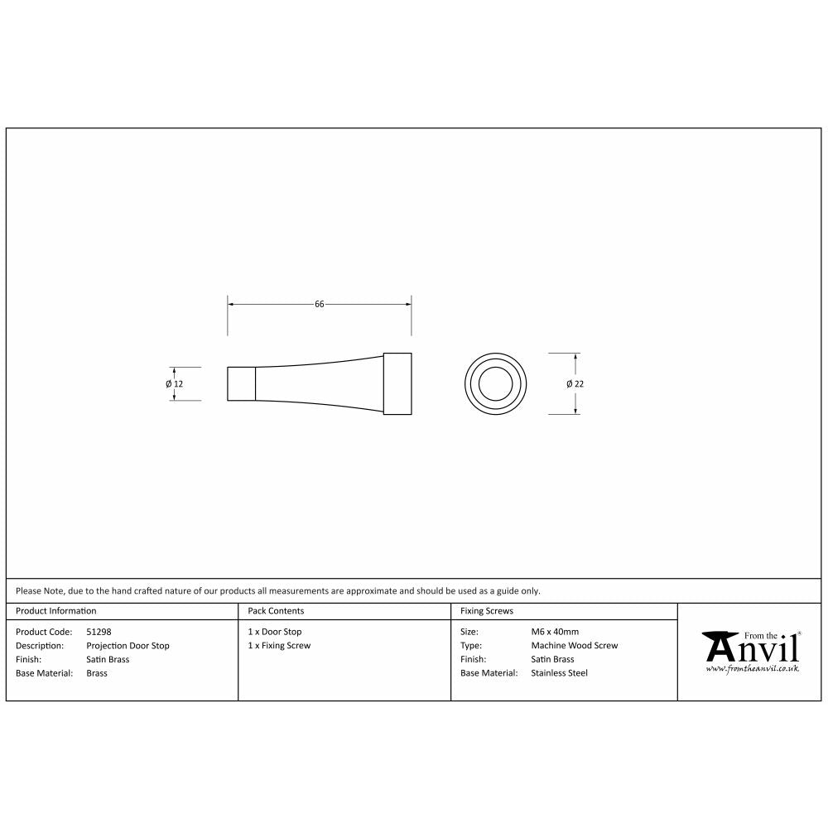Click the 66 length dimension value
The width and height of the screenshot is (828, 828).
[x=319, y=305]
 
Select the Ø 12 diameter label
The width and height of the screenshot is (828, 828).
[x=174, y=384]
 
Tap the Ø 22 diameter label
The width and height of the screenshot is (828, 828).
[x=575, y=384]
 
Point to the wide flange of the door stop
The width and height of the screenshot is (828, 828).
[x=397, y=384]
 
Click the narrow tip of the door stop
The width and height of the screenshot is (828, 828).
[x=241, y=384]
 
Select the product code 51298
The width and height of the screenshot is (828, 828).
[x=99, y=632]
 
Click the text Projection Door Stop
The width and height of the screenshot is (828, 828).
[x=128, y=646]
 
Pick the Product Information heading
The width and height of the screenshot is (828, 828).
[x=56, y=611]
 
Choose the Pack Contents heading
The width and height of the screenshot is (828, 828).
[x=276, y=611]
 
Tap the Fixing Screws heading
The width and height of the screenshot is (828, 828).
[x=487, y=611]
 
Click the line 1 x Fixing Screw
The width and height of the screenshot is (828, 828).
[x=279, y=646]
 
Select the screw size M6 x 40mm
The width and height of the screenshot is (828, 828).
[x=555, y=632]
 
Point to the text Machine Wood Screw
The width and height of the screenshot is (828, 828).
[x=574, y=646]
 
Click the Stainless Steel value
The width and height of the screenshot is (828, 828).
[x=559, y=673]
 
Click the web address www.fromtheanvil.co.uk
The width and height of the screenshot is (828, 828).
[x=752, y=667]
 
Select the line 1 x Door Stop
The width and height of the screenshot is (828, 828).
[x=275, y=632]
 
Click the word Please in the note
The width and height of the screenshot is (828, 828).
[x=28, y=591]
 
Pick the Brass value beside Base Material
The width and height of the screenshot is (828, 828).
[x=97, y=673]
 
